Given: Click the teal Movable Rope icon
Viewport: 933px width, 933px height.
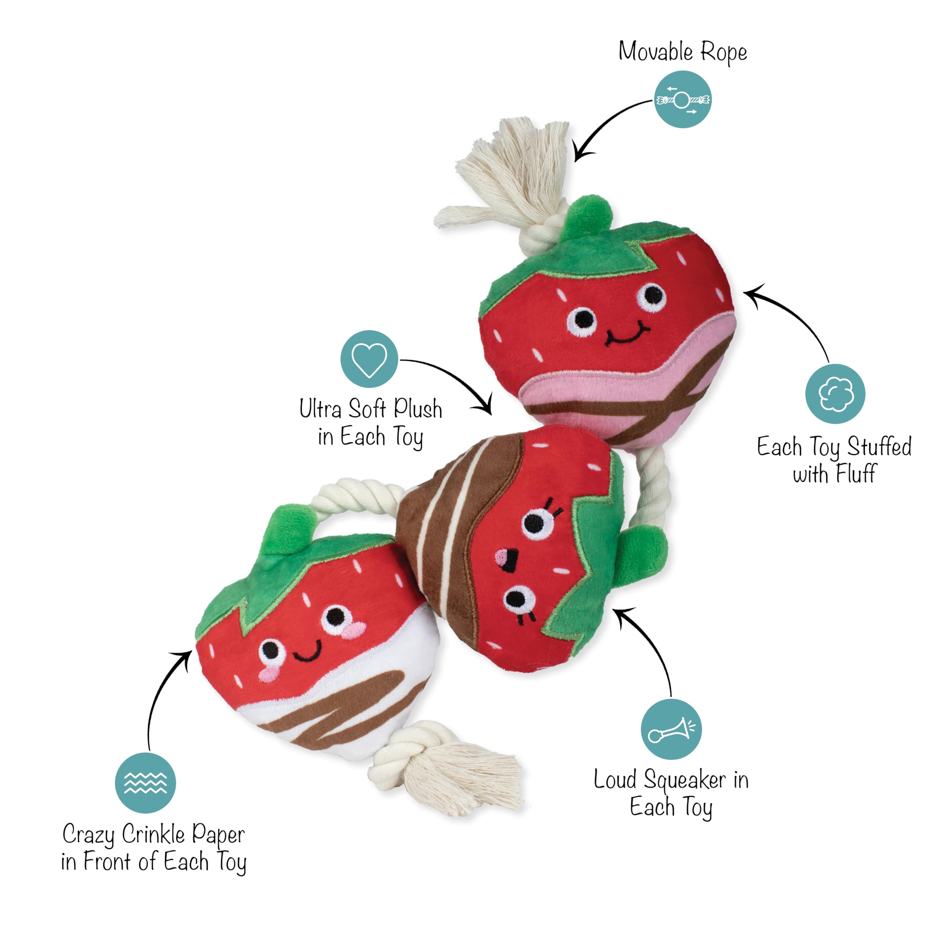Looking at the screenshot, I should pyautogui.click(x=682, y=99).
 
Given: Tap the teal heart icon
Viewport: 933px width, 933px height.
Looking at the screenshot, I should pyautogui.click(x=369, y=359).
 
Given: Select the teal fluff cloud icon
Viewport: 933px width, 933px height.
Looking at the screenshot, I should pyautogui.click(x=835, y=394).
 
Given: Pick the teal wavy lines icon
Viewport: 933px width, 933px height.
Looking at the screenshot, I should pyautogui.click(x=145, y=783).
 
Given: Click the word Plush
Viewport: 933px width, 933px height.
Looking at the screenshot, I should pyautogui.click(x=418, y=409).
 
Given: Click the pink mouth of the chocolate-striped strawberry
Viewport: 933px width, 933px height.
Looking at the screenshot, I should pyautogui.click(x=506, y=559).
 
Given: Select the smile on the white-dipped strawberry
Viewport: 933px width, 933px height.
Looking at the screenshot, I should pyautogui.click(x=307, y=652).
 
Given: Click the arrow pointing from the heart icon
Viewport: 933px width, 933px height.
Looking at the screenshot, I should pyautogui.click(x=449, y=377).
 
